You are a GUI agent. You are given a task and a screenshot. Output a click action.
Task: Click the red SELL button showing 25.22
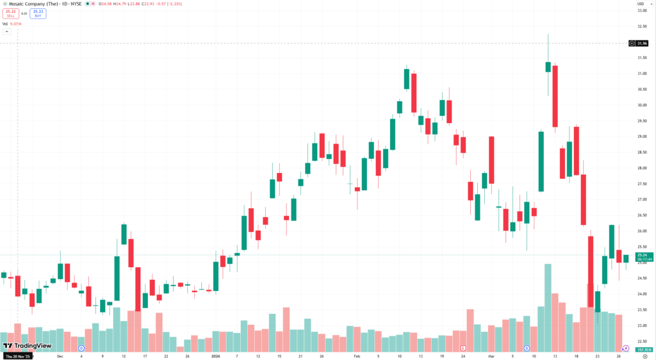pos(10,13)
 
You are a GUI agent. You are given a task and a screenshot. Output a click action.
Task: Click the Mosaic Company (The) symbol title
pos(35,4)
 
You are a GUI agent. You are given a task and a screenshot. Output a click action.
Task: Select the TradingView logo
pos(27,345)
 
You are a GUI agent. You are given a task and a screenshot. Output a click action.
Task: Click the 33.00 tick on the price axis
pos(641,10)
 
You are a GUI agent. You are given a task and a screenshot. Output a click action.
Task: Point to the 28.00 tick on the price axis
pos(641,168)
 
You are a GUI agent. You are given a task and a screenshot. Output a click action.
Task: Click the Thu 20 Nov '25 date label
pos(18,356)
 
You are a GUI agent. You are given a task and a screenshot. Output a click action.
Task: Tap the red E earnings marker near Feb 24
pos(463,348)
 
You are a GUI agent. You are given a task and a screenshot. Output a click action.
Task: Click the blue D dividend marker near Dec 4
pos(81,348)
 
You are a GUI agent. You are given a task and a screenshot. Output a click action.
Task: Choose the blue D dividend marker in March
pos(527,348)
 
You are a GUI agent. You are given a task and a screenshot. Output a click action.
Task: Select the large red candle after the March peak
pos(555,96)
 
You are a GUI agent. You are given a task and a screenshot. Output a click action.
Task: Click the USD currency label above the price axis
pos(640,4)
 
